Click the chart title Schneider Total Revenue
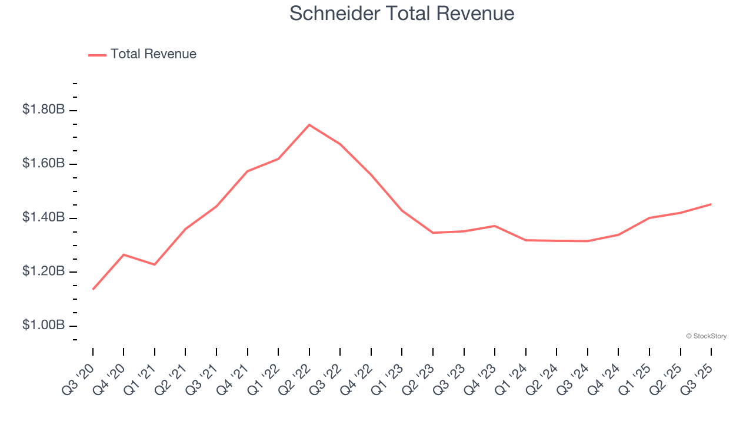[402, 14]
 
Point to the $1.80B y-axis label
[44, 110]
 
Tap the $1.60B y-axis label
[44, 163]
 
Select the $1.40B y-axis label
[44, 218]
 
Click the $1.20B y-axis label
[44, 271]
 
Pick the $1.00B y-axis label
[44, 326]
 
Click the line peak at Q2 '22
[309, 125]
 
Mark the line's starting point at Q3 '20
[93, 289]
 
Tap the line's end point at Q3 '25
[711, 204]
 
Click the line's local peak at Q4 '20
[124, 254]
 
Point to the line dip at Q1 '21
[155, 264]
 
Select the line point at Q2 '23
[433, 233]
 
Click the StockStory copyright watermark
[706, 336]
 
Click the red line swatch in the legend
[97, 55]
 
